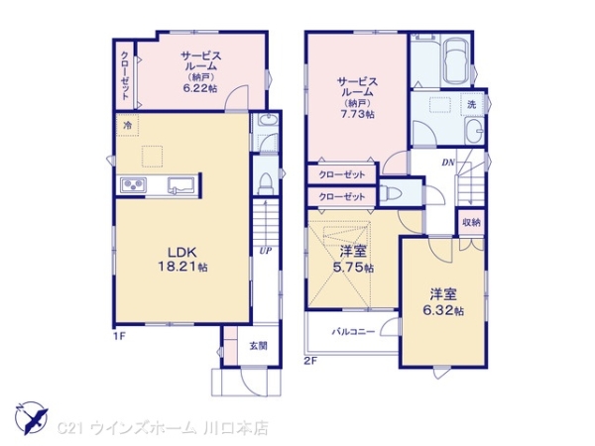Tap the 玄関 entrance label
point(258,345)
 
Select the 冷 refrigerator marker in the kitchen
point(127,126)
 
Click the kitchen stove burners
point(134,185)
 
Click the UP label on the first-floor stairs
point(265,250)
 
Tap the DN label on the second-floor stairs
point(448,162)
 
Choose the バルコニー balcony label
point(352,332)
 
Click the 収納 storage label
point(471,222)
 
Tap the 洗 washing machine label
point(471,104)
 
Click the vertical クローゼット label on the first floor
point(125,75)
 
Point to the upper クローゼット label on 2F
point(341,175)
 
